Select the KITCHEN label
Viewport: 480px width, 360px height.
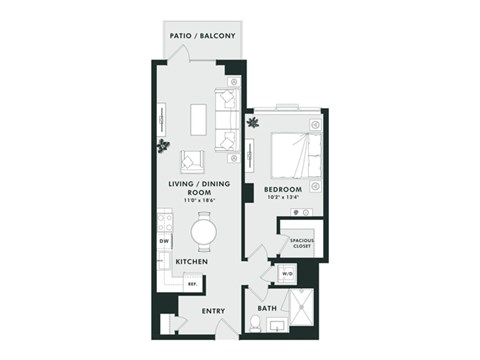(x=191, y=262)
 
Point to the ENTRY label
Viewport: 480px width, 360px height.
(x=213, y=311)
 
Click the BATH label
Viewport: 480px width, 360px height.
(x=267, y=308)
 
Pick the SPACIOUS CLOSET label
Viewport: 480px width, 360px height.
(x=301, y=243)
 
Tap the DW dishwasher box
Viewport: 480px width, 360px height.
(x=162, y=241)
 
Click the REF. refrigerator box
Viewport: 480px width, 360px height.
(x=192, y=284)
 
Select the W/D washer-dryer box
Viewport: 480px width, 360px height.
(x=286, y=273)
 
